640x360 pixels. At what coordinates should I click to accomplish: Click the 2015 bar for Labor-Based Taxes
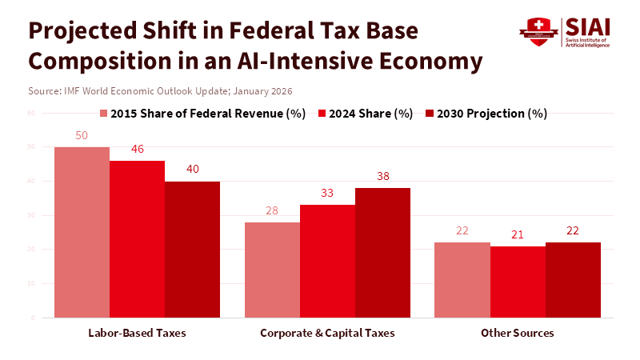tap(82, 232)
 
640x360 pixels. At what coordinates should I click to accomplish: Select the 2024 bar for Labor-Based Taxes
tap(137, 239)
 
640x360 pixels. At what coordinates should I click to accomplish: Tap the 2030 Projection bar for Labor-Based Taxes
tap(192, 250)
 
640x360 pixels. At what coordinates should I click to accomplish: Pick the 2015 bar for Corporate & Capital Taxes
tap(272, 270)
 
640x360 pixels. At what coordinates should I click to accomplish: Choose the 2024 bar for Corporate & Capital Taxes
tap(327, 261)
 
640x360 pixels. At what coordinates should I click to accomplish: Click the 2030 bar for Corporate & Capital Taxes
tap(382, 253)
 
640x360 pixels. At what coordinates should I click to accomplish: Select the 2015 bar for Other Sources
tap(462, 280)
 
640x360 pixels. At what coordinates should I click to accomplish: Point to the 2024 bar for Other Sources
tap(518, 282)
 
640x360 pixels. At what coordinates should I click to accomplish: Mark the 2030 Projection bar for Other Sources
tap(573, 280)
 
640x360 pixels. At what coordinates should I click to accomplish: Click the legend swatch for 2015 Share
tap(104, 114)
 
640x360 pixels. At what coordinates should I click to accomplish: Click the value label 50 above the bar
tap(82, 136)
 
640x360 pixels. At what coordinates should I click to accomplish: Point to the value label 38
tap(382, 177)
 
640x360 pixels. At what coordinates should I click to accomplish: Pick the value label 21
tap(518, 234)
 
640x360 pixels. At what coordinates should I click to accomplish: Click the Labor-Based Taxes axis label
tap(137, 332)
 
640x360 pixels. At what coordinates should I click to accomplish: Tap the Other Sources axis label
tap(518, 332)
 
